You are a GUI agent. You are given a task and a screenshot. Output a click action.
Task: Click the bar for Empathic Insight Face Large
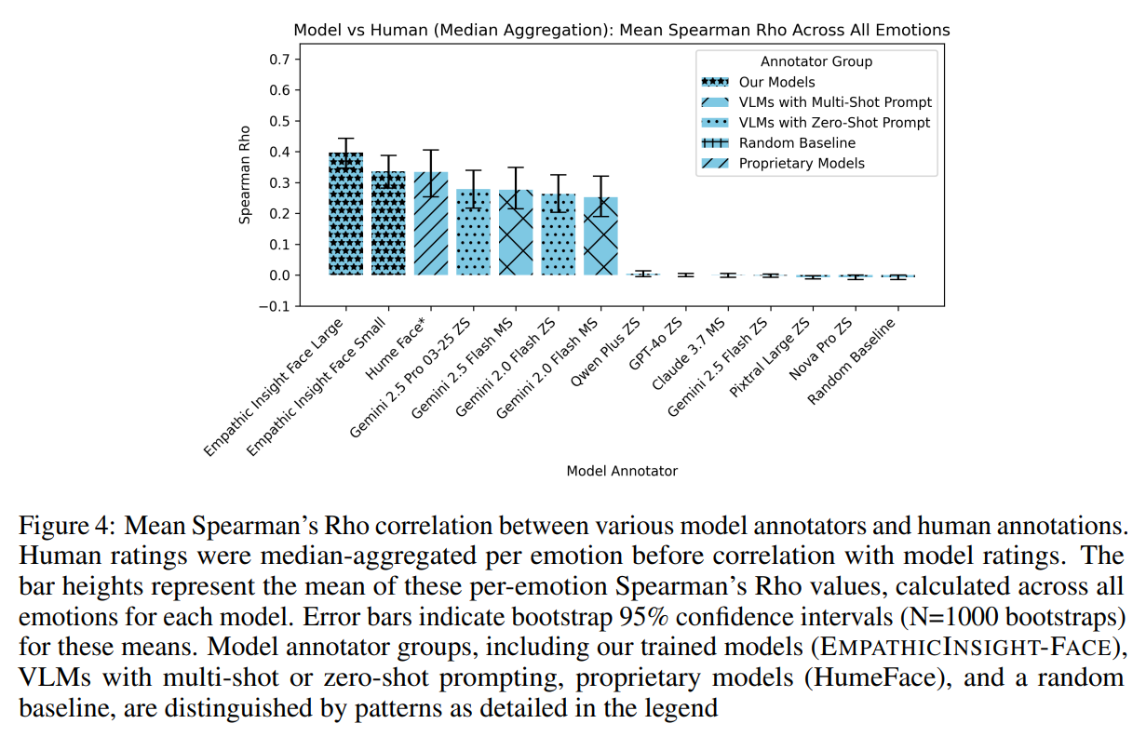point(346,214)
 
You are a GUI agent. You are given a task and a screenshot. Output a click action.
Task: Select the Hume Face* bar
point(431,223)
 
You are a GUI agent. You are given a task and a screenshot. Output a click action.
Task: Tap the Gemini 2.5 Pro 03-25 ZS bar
point(474,232)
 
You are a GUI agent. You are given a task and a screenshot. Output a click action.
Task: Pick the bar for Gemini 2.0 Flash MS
point(600,236)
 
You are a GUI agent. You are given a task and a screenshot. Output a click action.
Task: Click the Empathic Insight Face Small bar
point(388,223)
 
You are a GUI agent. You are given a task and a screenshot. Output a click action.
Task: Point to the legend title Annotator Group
point(816,61)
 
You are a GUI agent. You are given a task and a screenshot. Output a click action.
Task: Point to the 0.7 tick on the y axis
point(280,60)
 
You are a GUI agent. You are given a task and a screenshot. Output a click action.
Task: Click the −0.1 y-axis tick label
point(276,306)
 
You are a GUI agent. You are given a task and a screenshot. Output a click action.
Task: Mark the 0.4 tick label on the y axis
point(280,152)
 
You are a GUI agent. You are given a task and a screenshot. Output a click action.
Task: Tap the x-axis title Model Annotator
point(622,471)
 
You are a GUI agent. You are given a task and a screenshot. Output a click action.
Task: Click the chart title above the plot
point(622,30)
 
